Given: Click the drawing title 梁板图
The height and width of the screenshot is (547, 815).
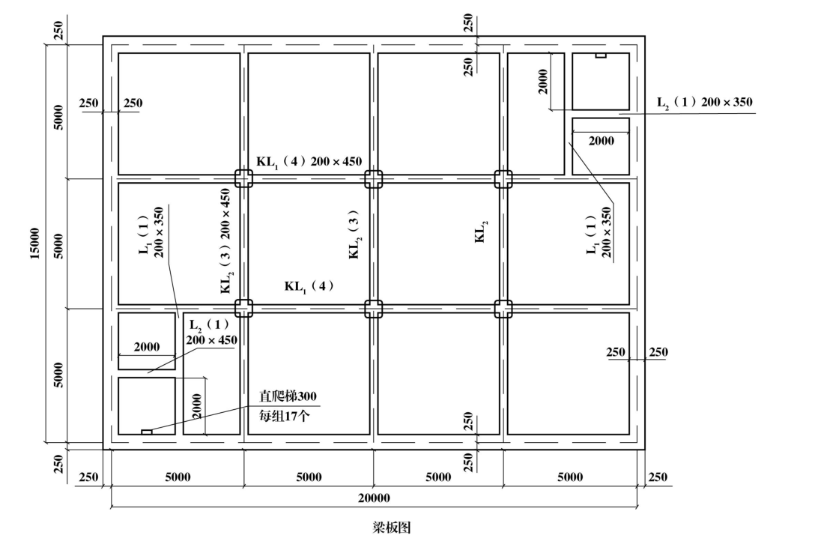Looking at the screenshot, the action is pyautogui.click(x=391, y=528).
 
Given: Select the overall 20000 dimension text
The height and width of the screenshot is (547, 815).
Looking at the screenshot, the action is pyautogui.click(x=374, y=498).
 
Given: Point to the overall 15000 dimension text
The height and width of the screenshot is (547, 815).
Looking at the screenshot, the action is pyautogui.click(x=34, y=244).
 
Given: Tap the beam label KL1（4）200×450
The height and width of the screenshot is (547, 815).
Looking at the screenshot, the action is pyautogui.click(x=309, y=162).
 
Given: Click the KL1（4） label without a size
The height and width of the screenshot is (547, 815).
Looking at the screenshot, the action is pyautogui.click(x=309, y=286).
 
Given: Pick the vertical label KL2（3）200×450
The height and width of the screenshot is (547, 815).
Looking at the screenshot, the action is pyautogui.click(x=226, y=241).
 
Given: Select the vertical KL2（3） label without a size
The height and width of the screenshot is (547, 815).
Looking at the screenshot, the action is pyautogui.click(x=354, y=235).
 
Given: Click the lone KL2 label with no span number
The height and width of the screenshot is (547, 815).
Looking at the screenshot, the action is pyautogui.click(x=482, y=232).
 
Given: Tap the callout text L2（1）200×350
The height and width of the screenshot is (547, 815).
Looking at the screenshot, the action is pyautogui.click(x=705, y=103).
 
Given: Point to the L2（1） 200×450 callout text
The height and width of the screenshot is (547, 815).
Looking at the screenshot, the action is pyautogui.click(x=212, y=333).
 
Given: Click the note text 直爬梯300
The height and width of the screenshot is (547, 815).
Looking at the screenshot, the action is pyautogui.click(x=288, y=396).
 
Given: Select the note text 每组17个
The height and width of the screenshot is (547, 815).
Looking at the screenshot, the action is pyautogui.click(x=285, y=416).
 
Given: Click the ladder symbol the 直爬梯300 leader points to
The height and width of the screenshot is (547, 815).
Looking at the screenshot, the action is pyautogui.click(x=147, y=432).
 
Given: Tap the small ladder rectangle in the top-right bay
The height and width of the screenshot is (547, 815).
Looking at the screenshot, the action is pyautogui.click(x=601, y=55).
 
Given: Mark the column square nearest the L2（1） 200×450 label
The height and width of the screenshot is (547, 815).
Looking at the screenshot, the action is pyautogui.click(x=243, y=309).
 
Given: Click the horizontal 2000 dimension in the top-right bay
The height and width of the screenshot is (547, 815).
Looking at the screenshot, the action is pyautogui.click(x=602, y=141).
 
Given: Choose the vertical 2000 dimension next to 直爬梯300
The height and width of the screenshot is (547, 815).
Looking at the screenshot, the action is pyautogui.click(x=196, y=406).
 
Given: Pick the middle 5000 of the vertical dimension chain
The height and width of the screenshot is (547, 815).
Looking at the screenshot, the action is pyautogui.click(x=58, y=246).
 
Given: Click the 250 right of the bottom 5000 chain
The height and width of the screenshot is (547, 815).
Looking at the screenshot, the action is pyautogui.click(x=658, y=477).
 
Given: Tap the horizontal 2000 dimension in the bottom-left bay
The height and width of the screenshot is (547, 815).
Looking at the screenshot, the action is pyautogui.click(x=147, y=347).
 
